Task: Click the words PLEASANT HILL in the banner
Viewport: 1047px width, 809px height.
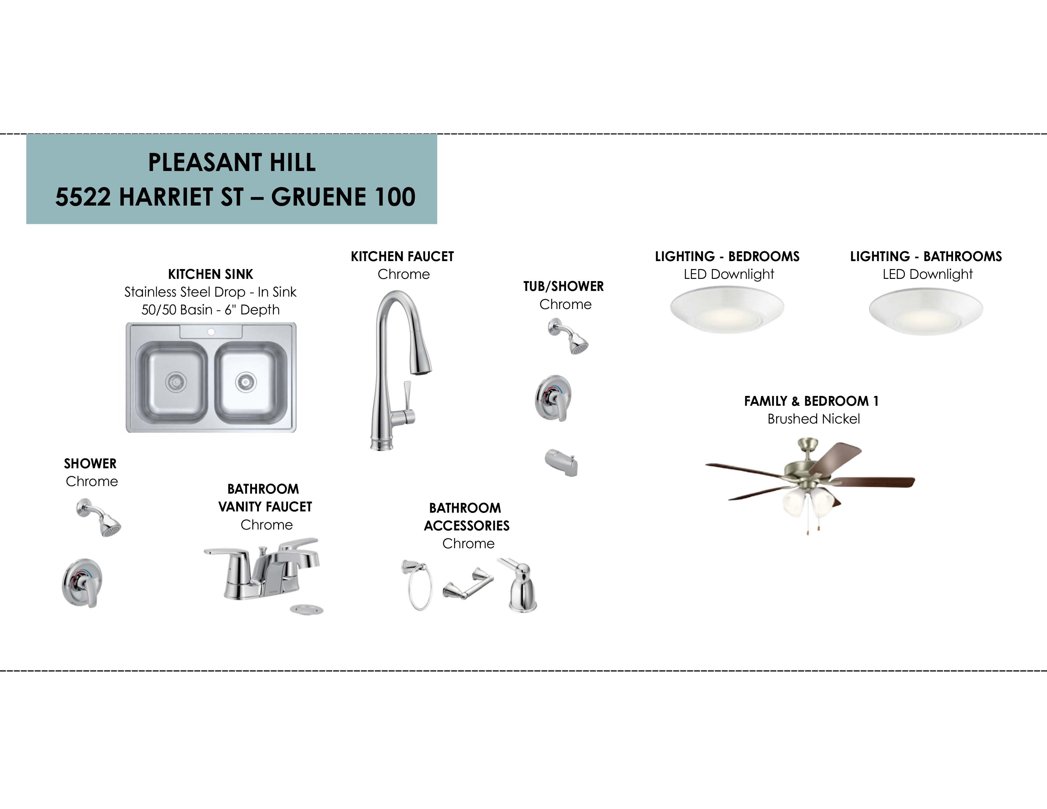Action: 232,162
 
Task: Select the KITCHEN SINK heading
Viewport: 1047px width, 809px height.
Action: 210,274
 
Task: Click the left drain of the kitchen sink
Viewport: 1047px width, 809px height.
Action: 175,381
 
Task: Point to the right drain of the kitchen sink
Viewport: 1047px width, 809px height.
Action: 246,382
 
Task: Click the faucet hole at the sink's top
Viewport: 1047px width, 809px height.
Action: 211,332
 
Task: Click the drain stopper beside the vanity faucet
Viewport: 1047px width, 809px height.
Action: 307,610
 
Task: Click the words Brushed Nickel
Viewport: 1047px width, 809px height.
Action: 813,419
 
